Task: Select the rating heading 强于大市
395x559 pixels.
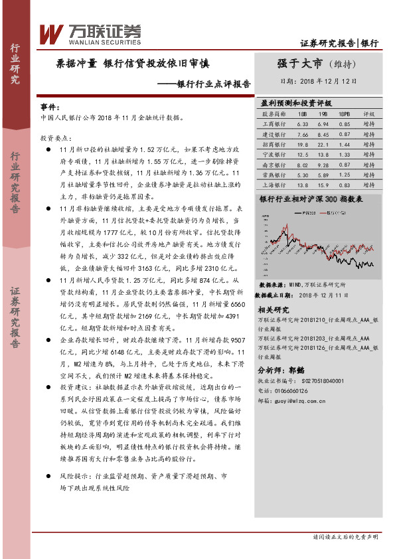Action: tap(299, 64)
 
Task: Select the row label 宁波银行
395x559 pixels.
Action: tap(273, 153)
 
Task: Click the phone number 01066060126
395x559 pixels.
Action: tap(293, 391)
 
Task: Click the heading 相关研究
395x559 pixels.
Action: tap(273, 309)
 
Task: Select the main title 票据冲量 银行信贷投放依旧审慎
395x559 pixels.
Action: tap(133, 64)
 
